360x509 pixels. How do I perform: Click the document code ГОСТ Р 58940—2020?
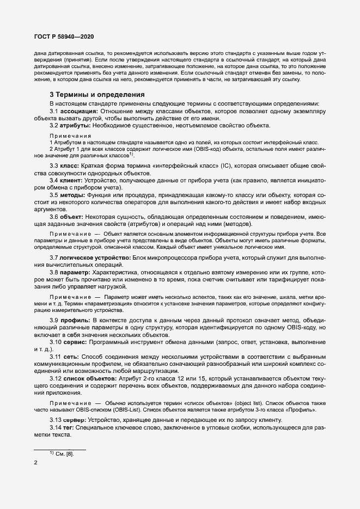[57, 36]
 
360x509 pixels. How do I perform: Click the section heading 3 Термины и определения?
[97, 94]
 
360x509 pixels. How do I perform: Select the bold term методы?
[75, 194]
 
